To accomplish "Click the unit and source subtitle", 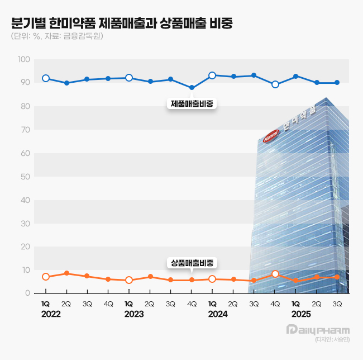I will [x=56, y=37].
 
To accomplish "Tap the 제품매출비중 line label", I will [x=193, y=103].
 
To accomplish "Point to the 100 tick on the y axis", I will [x=24, y=59].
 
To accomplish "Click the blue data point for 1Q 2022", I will [x=46, y=78].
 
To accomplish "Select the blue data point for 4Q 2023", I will [x=192, y=88].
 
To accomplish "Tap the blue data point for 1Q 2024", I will [x=212, y=75].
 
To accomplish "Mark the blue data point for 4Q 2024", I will [x=275, y=84].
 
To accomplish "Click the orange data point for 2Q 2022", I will [x=66, y=273].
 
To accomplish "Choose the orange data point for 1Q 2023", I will [x=129, y=280].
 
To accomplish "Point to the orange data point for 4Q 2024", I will [x=275, y=274].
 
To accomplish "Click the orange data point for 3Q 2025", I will [x=337, y=277].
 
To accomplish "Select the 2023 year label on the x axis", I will [x=134, y=314].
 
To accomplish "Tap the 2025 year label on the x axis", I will [x=301, y=314].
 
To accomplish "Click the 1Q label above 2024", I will [x=212, y=304].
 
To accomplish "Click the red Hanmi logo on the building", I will [x=271, y=136].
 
